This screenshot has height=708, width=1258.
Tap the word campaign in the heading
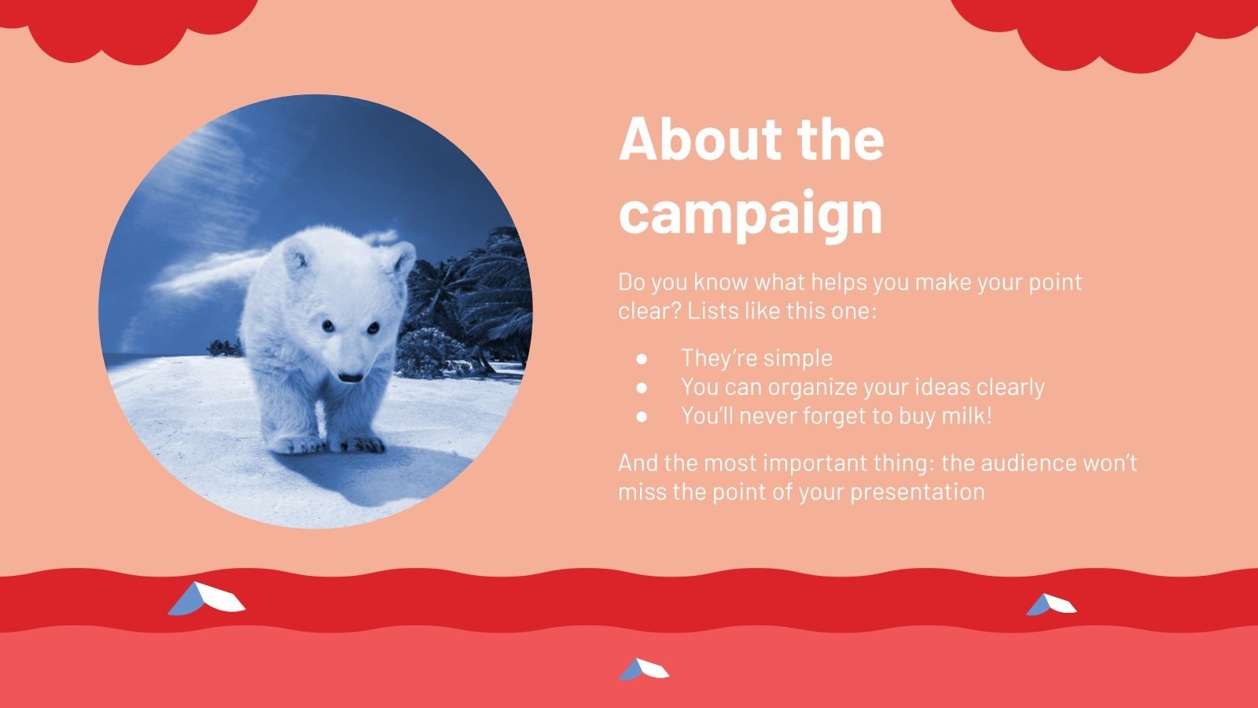pyautogui.click(x=750, y=212)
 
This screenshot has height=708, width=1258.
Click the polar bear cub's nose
pyautogui.click(x=351, y=377)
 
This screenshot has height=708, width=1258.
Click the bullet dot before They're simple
pyautogui.click(x=642, y=359)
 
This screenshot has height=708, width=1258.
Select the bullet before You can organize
pyautogui.click(x=642, y=387)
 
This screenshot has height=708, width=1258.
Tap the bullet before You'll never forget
pyautogui.click(x=642, y=416)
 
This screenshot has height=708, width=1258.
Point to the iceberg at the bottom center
pyautogui.click(x=643, y=669)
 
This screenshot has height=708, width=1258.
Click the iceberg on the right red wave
pyautogui.click(x=1050, y=605)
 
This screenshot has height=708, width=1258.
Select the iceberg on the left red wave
pyautogui.click(x=205, y=599)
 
